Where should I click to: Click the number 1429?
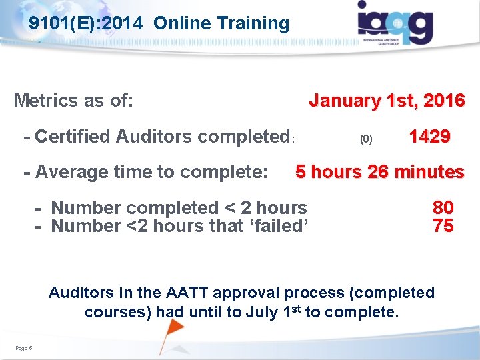click(x=429, y=137)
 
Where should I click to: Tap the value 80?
click(x=443, y=208)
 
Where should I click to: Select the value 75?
click(x=443, y=226)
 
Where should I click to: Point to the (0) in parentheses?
click(x=366, y=139)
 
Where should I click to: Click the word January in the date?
click(x=343, y=101)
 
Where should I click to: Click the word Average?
click(x=73, y=172)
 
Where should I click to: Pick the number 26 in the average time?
click(x=379, y=172)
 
